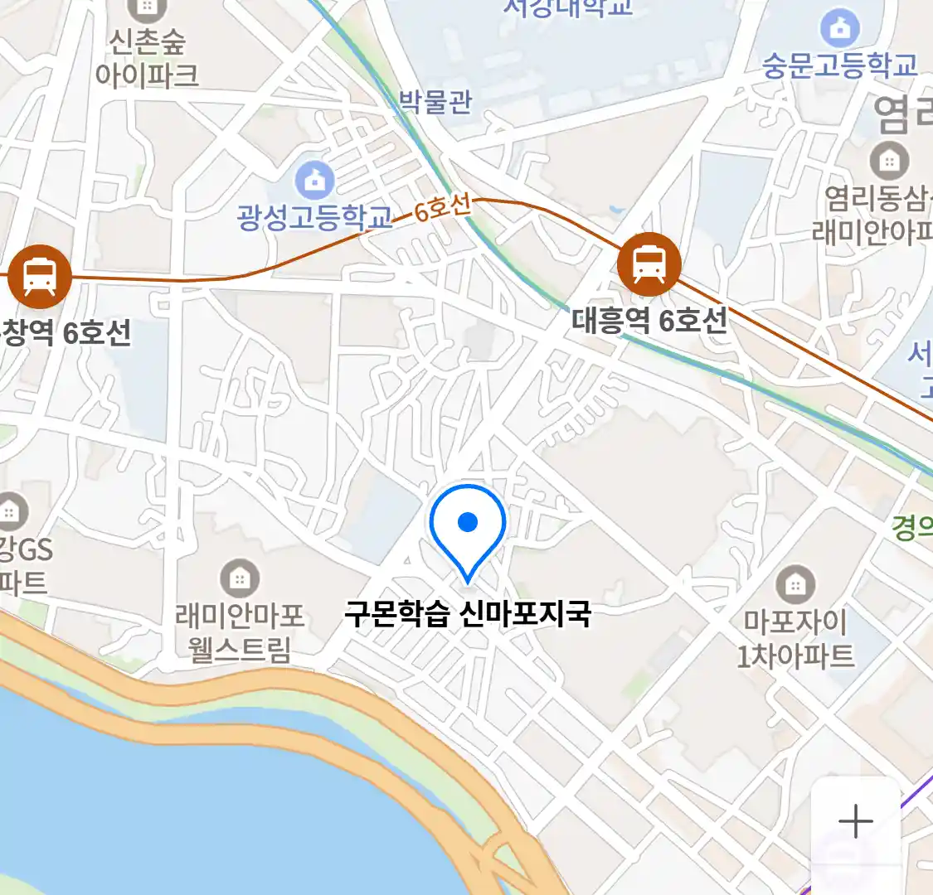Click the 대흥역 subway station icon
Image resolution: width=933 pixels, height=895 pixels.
(649, 264)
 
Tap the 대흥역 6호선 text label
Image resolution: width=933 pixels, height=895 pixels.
(649, 321)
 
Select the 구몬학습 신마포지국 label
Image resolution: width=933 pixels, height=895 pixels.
(468, 615)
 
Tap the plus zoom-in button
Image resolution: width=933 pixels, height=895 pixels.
(855, 821)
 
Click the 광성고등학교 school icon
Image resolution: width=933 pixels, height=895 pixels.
(314, 180)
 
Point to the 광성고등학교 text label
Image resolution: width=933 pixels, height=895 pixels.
(313, 217)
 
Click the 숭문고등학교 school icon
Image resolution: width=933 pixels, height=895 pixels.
(840, 29)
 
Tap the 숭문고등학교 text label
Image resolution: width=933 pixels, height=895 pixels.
(840, 65)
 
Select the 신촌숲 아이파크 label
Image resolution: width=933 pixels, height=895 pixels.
(147, 58)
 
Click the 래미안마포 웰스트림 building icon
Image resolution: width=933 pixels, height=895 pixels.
(240, 578)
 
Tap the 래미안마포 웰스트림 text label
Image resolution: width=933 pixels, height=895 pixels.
(240, 632)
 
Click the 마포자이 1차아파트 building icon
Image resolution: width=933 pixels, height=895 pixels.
(795, 585)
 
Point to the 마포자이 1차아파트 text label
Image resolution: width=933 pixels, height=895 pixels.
(795, 638)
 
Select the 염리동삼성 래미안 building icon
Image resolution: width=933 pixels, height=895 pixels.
(889, 161)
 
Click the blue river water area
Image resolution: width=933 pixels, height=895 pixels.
(166, 796)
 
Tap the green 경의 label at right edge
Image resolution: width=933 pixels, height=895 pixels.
(912, 527)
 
